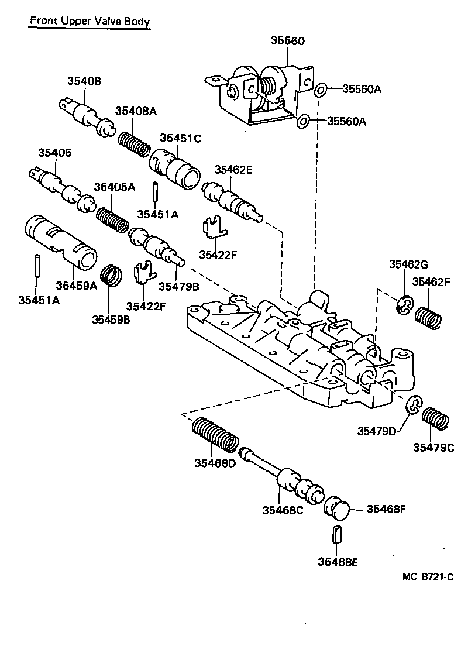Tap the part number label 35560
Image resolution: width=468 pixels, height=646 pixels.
tap(287, 41)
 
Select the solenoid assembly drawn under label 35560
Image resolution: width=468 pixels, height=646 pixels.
tap(260, 94)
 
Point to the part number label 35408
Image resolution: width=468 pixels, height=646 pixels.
tap(82, 81)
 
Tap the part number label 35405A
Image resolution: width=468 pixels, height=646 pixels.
tap(115, 187)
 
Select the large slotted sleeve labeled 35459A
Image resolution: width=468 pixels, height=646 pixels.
tap(61, 242)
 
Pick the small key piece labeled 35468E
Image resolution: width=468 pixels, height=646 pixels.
tap(337, 535)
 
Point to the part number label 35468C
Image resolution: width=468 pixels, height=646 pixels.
tap(282, 510)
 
